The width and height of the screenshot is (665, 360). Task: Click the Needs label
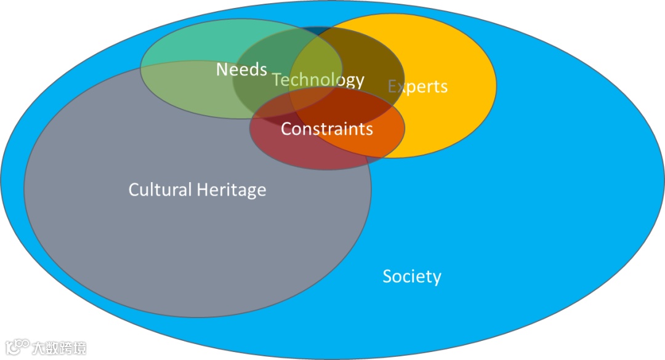click(x=241, y=70)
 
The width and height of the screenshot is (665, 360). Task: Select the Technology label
click(x=318, y=80)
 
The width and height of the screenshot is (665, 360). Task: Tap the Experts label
click(x=417, y=86)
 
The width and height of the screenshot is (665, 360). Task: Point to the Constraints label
click(x=326, y=129)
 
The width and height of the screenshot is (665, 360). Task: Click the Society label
click(x=412, y=276)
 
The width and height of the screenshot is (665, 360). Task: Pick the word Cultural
click(x=160, y=189)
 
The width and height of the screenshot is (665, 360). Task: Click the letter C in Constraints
click(x=286, y=129)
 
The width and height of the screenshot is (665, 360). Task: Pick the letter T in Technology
click(x=276, y=80)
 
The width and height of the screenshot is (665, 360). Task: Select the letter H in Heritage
click(x=203, y=189)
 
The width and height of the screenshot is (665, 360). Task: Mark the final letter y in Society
click(x=437, y=278)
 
